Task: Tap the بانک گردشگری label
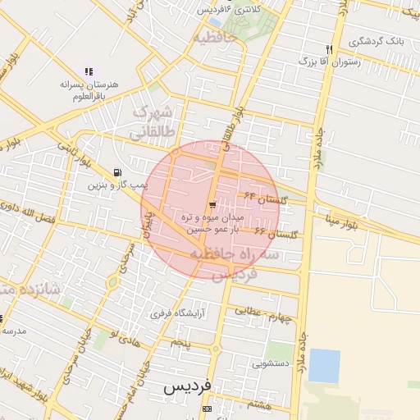coord(376,41)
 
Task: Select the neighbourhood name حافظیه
coord(215,37)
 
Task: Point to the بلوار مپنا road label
coord(340,221)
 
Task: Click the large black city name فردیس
coord(187,386)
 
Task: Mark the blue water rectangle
coord(324,366)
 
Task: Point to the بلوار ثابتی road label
coord(66,152)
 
